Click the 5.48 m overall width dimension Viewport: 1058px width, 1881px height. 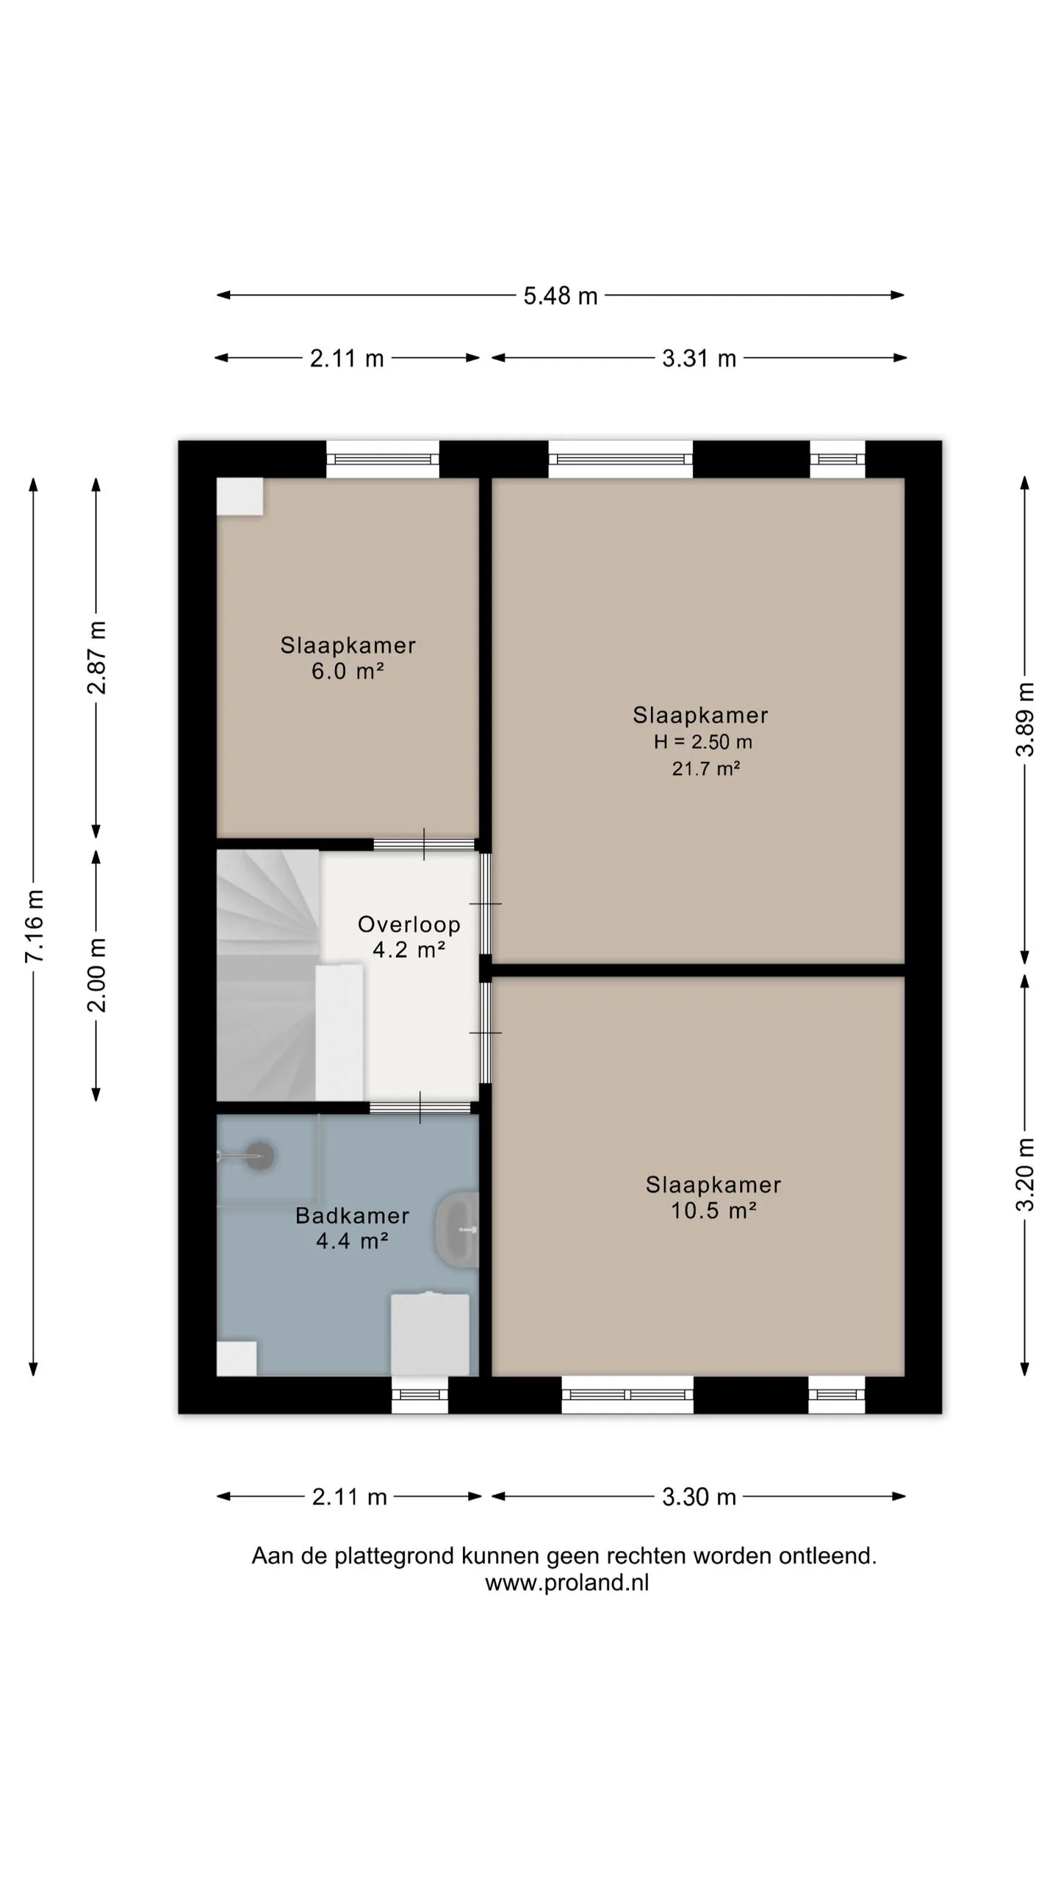(560, 295)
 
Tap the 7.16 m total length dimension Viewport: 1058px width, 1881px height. (35, 925)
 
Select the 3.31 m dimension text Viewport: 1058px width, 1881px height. (699, 359)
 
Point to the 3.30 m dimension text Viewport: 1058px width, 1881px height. (699, 1497)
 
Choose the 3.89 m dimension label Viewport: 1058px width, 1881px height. (1025, 719)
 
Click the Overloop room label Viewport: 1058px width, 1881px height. (409, 924)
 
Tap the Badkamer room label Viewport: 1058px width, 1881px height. (353, 1215)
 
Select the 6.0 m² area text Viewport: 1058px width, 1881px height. (348, 671)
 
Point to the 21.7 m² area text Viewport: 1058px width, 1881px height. (705, 769)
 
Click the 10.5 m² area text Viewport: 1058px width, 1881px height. (713, 1210)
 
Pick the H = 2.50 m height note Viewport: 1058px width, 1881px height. (703, 742)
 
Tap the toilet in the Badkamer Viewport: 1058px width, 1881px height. (430, 1334)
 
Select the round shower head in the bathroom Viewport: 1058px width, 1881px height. (260, 1157)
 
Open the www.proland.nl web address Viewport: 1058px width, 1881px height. (566, 1582)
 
